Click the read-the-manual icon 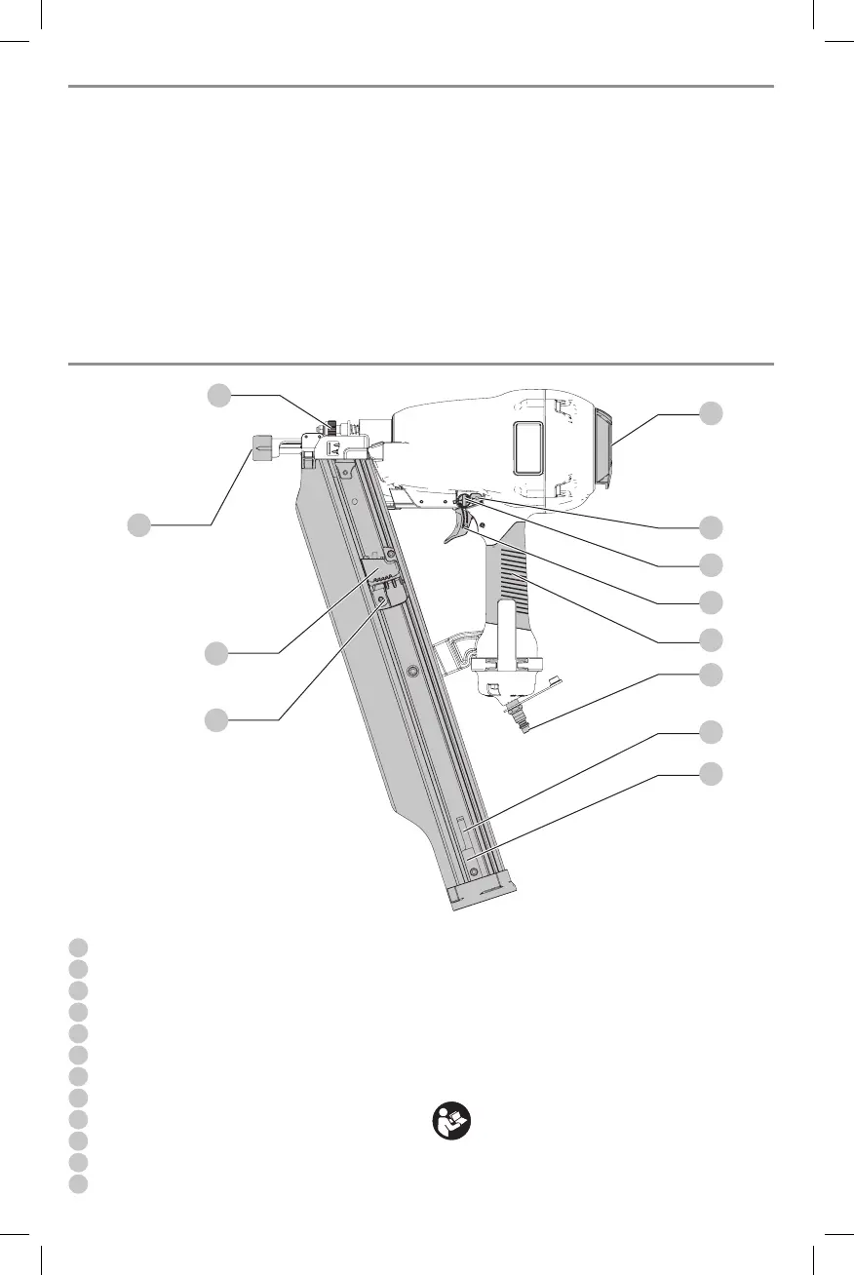coord(451,1122)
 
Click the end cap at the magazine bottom coord(484,891)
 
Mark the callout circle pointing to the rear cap coord(713,413)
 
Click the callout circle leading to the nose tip coord(140,524)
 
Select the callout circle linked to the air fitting coord(713,675)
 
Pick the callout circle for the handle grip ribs coord(713,639)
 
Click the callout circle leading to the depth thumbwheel coord(219,395)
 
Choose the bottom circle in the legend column coord(80,1183)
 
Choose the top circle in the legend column coord(80,947)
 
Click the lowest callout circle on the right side coord(713,774)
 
